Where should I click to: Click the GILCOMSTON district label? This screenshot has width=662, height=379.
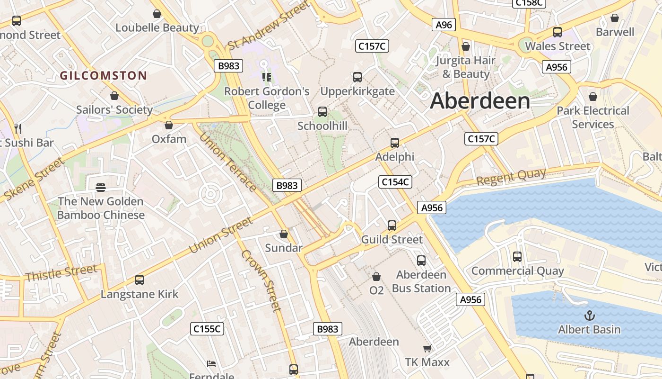coord(103,75)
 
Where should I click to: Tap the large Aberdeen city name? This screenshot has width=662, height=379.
coord(480,101)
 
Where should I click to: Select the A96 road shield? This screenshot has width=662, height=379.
coord(444,25)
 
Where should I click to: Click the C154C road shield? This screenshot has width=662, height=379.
coord(395,181)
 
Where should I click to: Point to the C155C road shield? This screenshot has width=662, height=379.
coord(207,328)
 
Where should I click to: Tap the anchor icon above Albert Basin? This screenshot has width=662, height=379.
coord(589,315)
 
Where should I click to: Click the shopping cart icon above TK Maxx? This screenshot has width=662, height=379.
coord(427,349)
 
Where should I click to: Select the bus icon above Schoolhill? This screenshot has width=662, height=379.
coord(322,112)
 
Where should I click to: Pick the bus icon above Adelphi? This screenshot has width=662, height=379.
coord(394,143)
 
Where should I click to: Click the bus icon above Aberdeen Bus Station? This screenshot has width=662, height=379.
coord(421,260)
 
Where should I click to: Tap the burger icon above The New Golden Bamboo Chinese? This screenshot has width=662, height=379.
coord(100,188)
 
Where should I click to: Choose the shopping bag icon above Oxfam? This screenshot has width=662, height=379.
coord(168,125)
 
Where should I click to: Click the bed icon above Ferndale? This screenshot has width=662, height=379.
coord(211,364)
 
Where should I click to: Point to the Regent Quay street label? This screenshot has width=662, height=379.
coord(511,177)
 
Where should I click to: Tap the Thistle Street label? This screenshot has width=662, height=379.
coord(61,273)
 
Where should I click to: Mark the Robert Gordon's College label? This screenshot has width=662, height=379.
coord(267,98)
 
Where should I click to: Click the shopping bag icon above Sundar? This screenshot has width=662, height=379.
coord(284,234)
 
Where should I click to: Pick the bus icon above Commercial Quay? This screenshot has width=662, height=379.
coord(517,257)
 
